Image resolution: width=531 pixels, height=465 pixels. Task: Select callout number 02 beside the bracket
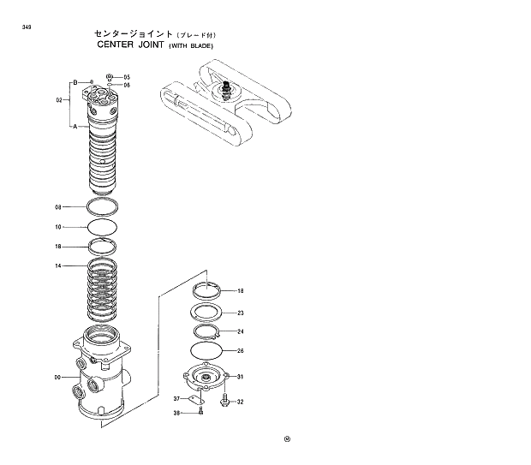59,100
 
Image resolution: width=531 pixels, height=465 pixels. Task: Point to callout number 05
127,77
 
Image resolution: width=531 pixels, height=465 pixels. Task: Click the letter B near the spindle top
75,82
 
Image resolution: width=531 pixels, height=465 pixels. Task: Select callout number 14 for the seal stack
58,266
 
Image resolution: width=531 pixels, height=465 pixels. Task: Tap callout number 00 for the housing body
57,377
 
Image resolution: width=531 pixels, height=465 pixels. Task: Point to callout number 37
177,399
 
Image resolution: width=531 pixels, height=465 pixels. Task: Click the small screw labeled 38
200,413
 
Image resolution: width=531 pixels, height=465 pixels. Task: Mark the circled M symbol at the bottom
288,441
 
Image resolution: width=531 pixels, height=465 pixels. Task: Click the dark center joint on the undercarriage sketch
227,89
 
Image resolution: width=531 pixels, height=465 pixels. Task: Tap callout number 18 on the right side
241,291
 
